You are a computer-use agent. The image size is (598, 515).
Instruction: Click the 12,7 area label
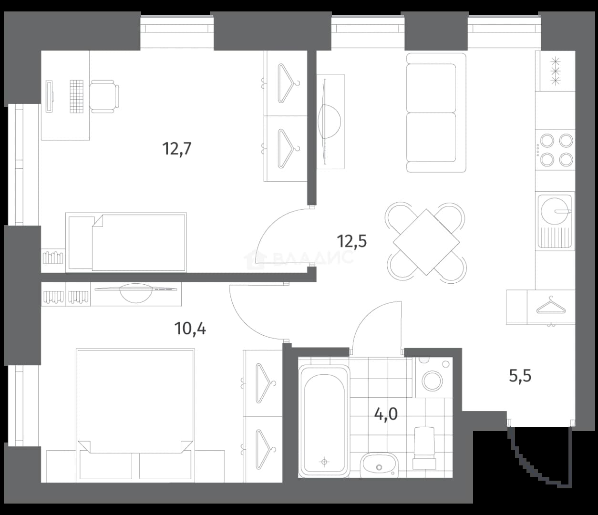point(177,149)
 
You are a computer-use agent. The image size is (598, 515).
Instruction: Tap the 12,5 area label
point(352,241)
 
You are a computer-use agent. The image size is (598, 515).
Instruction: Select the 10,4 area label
point(190,329)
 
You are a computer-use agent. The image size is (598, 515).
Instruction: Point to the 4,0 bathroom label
point(386,414)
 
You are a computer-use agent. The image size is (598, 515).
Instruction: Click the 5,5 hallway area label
point(520,376)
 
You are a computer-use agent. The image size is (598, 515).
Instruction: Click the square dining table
point(426,242)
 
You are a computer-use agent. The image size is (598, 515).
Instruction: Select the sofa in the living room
point(436,113)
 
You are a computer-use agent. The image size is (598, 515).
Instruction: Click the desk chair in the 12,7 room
point(104,96)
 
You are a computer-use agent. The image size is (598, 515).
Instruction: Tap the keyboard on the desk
point(76,96)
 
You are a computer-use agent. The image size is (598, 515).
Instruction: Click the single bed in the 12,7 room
point(126,242)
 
